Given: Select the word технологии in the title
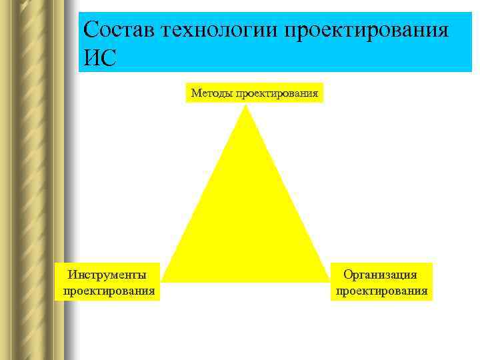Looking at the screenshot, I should coord(223,30).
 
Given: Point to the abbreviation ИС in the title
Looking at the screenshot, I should coord(100,57).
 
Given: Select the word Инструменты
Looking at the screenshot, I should coord(107,274).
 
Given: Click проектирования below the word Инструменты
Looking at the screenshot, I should coord(109,291).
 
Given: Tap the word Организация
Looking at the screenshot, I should coord(380,274).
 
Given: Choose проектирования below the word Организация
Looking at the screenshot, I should coord(381,291).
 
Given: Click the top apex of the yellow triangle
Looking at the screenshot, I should coord(247,107).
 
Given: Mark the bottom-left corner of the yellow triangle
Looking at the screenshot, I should coord(163,280).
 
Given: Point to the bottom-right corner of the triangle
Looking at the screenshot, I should coord(329,280).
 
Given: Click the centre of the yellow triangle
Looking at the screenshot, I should coord(247,220).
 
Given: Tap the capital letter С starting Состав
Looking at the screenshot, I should coord(92,30).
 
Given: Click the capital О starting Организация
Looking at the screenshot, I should coord(347,274).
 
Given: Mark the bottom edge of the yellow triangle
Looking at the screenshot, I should coord(247,281).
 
